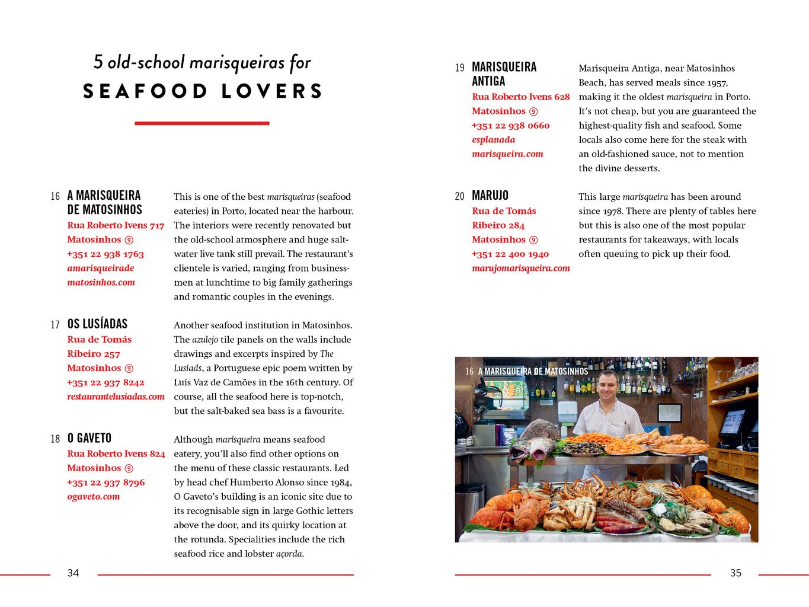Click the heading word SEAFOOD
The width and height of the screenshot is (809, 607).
pyautogui.click(x=145, y=91)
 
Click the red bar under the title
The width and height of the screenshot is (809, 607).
pyautogui.click(x=202, y=123)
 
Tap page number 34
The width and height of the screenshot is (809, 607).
pyautogui.click(x=73, y=573)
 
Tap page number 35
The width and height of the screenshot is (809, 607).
pyautogui.click(x=736, y=573)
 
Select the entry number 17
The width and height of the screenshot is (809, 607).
pyautogui.click(x=55, y=324)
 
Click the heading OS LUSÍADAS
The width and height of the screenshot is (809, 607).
pyautogui.click(x=97, y=324)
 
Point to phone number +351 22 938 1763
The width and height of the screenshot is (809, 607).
pyautogui.click(x=105, y=254)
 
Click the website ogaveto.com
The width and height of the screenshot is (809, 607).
pyautogui.click(x=93, y=497)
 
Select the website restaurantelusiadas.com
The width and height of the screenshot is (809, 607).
pyautogui.click(x=116, y=397)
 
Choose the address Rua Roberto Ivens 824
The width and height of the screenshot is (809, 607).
pyautogui.click(x=116, y=453)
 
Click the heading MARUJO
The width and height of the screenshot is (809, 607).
pyautogui.click(x=490, y=196)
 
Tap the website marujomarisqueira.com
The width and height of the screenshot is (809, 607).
pyautogui.click(x=520, y=268)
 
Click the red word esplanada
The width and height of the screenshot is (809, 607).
pyautogui.click(x=493, y=140)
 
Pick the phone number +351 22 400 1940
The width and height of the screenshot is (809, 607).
pyautogui.click(x=510, y=254)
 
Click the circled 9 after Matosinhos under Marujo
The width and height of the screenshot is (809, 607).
pyautogui.click(x=533, y=240)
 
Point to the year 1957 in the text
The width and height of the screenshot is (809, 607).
pyautogui.click(x=717, y=83)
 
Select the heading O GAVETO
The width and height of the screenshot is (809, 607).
pyautogui.click(x=89, y=438)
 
